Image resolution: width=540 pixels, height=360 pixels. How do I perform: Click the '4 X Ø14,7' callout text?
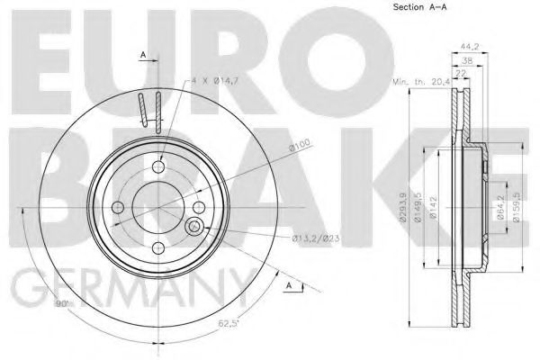[x=213, y=82]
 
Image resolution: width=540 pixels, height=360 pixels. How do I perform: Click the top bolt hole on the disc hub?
[x=158, y=167]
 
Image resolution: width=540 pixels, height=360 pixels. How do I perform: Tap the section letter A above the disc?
[x=141, y=56]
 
